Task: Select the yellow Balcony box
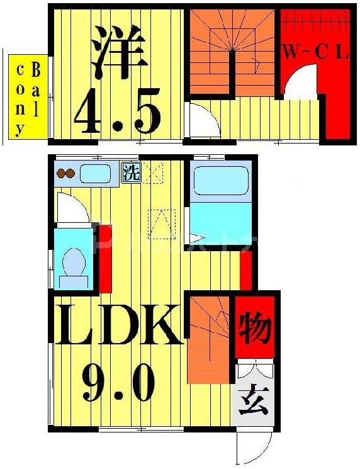click(28, 99)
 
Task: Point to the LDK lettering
click(118, 325)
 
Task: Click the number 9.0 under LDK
click(118, 381)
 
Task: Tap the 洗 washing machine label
click(131, 172)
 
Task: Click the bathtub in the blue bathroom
click(221, 181)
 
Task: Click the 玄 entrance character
click(253, 400)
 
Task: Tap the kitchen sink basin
click(94, 173)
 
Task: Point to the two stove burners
click(65, 173)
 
